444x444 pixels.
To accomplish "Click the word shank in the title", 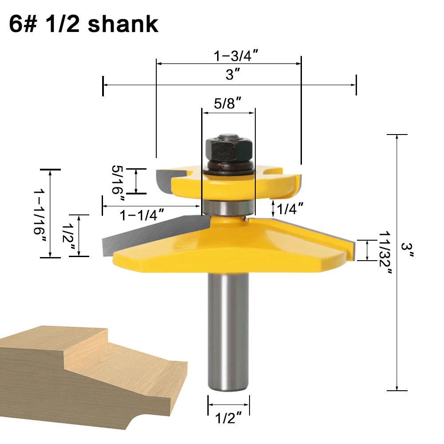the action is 123,24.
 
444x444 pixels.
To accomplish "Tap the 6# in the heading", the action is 23,24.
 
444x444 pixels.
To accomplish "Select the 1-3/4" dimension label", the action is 236,55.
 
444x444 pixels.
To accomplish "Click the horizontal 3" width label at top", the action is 233,75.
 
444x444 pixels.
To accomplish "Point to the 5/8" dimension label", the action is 227,103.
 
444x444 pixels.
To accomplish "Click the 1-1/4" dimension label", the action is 142,215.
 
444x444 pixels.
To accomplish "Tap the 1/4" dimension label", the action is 290,209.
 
